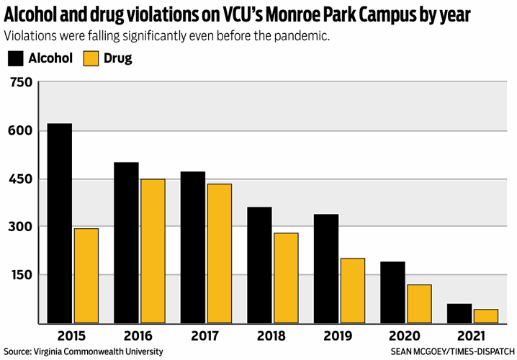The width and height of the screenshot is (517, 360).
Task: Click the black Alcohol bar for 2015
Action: point(60,223)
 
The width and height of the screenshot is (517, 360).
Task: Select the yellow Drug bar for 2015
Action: point(86,276)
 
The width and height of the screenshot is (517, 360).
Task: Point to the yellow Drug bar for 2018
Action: point(286,278)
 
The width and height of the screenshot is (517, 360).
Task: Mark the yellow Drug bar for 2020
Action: point(419,304)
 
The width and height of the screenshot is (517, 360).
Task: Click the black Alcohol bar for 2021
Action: point(459,313)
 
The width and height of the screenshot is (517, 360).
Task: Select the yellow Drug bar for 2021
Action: point(485,316)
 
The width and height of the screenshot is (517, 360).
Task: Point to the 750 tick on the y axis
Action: point(22,83)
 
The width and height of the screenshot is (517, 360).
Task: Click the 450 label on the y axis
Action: point(22,179)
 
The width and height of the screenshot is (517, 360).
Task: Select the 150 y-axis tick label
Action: point(22,274)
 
